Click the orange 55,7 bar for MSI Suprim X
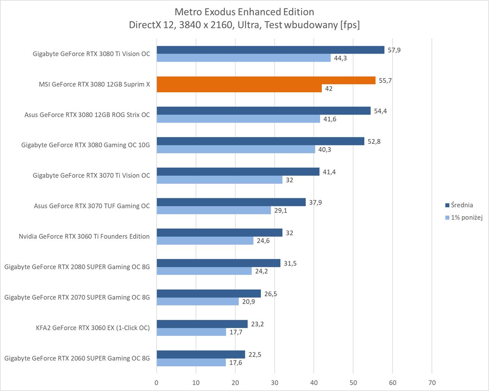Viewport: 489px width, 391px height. pyautogui.click(x=266, y=81)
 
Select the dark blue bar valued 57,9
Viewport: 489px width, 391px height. pyautogui.click(x=270, y=50)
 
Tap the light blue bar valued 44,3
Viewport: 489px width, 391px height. pyautogui.click(x=244, y=58)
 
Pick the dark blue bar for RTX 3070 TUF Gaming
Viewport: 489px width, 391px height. pyautogui.click(x=231, y=202)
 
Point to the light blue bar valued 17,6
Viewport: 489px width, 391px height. pyautogui.click(x=191, y=362)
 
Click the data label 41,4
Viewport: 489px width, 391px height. pyautogui.click(x=329, y=172)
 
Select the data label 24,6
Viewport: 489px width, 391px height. pyautogui.click(x=262, y=241)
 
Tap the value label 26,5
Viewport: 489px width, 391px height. pyautogui.click(x=271, y=294)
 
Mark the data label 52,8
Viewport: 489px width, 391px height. pyautogui.click(x=374, y=142)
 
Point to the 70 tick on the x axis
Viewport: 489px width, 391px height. pyautogui.click(x=432, y=383)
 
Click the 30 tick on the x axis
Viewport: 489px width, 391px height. pyautogui.click(x=275, y=383)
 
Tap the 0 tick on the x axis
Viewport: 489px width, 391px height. pyautogui.click(x=157, y=383)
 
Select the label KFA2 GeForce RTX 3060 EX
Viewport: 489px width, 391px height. pyautogui.click(x=93, y=328)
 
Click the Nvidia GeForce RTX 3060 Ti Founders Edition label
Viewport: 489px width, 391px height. pyautogui.click(x=84, y=237)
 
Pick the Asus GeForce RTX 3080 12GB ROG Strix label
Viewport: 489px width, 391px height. pyautogui.click(x=87, y=115)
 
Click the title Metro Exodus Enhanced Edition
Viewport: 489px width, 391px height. pyautogui.click(x=244, y=12)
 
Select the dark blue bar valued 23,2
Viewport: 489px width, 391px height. pyautogui.click(x=202, y=324)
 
